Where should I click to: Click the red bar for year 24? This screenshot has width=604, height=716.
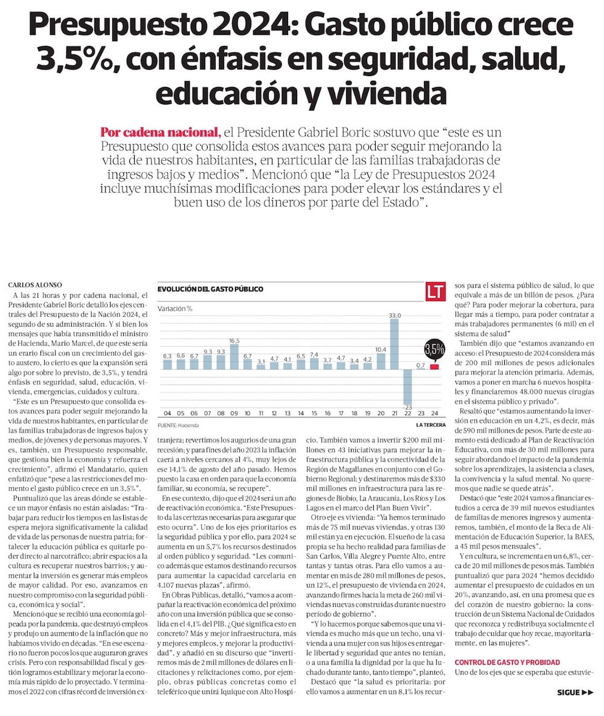tap(434, 367)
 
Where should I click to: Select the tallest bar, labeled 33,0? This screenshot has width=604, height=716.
tap(394, 344)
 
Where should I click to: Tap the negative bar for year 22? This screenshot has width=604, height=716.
tap(408, 387)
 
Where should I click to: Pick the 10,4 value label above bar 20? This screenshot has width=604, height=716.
tap(381, 349)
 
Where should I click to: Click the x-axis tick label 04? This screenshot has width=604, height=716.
tap(167, 414)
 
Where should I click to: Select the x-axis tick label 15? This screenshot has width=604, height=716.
tap(313, 414)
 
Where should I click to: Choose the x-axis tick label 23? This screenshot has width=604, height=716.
tap(420, 414)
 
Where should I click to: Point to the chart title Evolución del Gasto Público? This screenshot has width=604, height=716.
tap(210, 289)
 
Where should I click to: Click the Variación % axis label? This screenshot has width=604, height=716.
tap(175, 308)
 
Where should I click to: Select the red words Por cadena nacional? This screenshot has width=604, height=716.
tap(159, 131)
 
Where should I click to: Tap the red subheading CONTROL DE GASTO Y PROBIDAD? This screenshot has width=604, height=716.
tap(507, 662)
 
